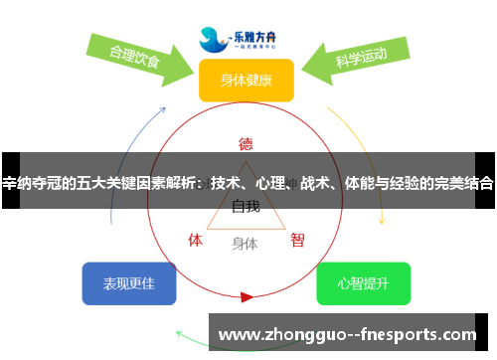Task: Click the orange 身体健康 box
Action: point(246,80)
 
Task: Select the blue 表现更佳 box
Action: point(128,283)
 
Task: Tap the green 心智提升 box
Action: point(363,283)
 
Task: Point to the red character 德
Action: point(246,142)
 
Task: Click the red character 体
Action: point(196,240)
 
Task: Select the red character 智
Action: point(297,240)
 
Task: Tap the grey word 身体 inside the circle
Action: point(245,243)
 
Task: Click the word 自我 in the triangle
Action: point(246,207)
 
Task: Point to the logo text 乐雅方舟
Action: point(260,33)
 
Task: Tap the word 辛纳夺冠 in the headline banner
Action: point(29,183)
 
